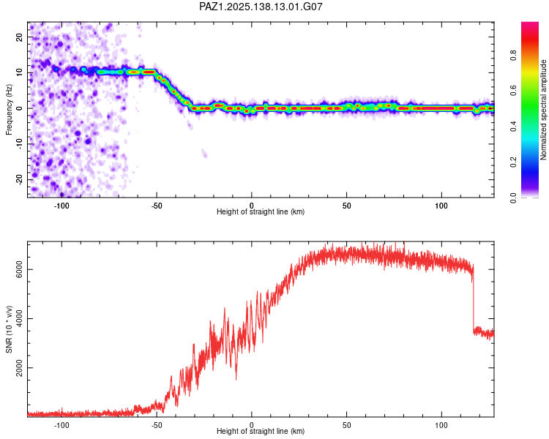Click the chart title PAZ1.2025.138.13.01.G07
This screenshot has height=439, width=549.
(261, 7)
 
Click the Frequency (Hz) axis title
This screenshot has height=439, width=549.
(9, 110)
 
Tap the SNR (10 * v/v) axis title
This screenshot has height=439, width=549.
(9, 329)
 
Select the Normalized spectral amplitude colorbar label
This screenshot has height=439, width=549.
(543, 110)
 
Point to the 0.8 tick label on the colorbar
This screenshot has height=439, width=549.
(513, 56)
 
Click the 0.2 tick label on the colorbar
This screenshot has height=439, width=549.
(513, 162)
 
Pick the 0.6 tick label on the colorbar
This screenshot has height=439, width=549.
(513, 91)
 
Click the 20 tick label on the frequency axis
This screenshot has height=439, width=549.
(19, 37)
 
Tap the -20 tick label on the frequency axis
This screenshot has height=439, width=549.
(19, 180)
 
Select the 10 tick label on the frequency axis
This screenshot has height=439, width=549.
(19, 72)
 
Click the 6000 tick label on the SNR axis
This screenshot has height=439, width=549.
(19, 269)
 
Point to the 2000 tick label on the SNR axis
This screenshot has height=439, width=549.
(19, 368)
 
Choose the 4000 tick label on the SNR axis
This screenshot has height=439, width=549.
(19, 318)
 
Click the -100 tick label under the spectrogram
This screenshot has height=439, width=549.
(61, 206)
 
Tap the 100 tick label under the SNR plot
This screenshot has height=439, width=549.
(441, 425)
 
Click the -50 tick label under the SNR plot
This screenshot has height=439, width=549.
(157, 425)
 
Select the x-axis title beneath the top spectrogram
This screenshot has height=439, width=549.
(261, 211)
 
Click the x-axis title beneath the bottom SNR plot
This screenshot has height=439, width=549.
(261, 431)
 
